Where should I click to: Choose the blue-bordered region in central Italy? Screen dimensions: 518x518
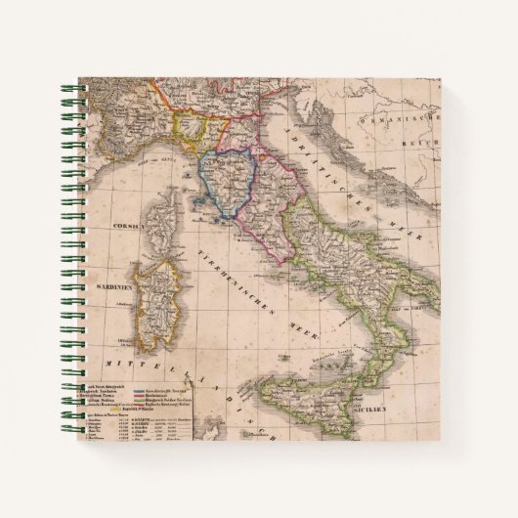[x=231, y=181]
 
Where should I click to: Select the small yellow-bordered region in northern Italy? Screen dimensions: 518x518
[x=190, y=130]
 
